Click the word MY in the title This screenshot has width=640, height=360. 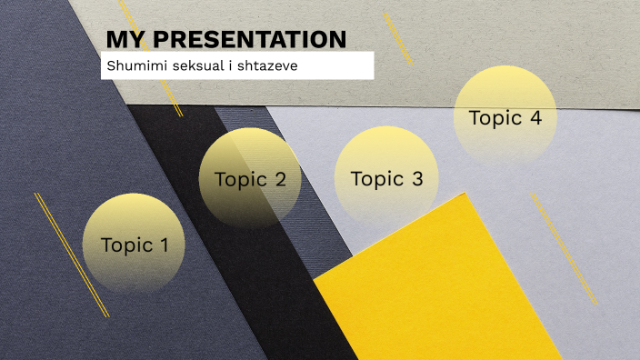124,39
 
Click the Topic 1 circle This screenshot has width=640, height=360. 135,244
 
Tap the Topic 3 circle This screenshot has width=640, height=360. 386,179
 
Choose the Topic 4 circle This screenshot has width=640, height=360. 505,117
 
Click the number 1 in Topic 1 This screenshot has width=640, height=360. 164,245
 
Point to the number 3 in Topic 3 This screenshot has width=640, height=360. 417,179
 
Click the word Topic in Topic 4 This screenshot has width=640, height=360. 495,118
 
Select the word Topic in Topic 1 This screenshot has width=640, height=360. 126,245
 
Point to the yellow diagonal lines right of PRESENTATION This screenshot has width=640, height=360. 397,38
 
